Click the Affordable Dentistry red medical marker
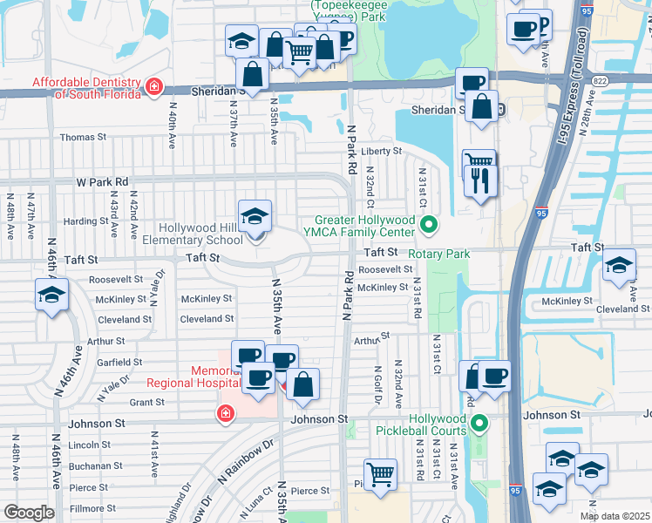click(x=154, y=85)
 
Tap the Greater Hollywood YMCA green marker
click(x=428, y=226)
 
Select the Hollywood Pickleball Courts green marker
click(x=478, y=425)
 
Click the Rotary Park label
click(x=442, y=254)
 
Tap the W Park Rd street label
click(x=102, y=182)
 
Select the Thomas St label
click(x=83, y=137)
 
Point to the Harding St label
click(x=85, y=221)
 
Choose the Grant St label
click(x=146, y=402)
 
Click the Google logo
click(x=29, y=513)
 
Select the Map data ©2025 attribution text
click(x=614, y=516)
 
